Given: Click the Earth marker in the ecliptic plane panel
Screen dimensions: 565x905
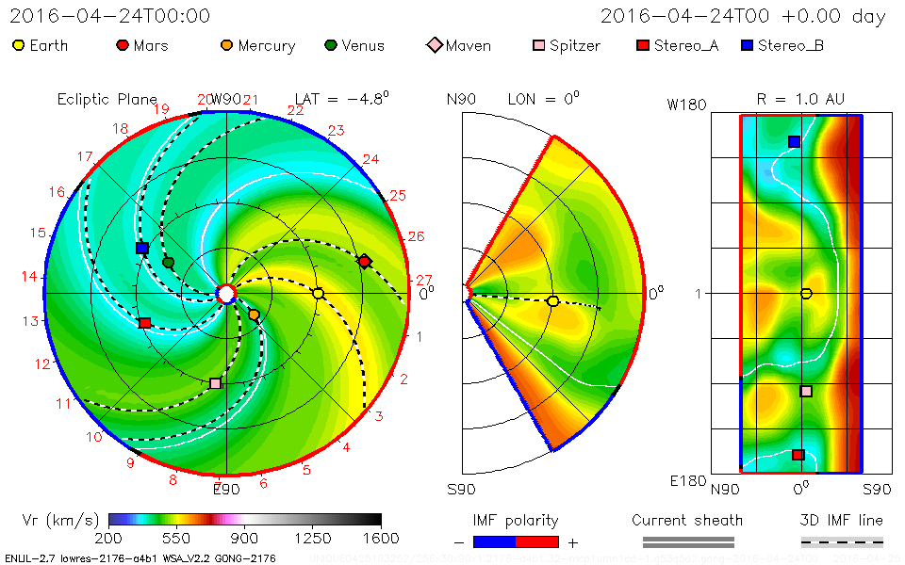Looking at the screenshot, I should [319, 294].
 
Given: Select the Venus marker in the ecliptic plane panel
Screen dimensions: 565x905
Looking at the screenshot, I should [169, 263].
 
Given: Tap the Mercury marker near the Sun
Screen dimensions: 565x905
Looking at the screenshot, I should [254, 315].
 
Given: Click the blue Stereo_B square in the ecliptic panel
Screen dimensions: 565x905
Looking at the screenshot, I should [141, 248].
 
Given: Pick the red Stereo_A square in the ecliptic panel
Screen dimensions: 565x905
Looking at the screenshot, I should [144, 323].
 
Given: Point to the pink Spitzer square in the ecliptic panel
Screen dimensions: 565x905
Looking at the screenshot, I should [215, 383].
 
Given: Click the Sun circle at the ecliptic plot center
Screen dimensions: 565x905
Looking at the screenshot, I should [226, 294].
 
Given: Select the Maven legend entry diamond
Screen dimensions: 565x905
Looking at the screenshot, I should [434, 45].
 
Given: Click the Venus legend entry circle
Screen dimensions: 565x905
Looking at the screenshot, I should [330, 45].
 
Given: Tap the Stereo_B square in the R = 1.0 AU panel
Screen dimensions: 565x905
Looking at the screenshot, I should [794, 141].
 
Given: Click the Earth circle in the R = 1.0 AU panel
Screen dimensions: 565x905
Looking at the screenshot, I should [806, 293].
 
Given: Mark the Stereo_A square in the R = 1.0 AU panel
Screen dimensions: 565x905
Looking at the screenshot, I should [798, 455].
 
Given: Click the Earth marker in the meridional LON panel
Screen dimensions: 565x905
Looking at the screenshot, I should [553, 301].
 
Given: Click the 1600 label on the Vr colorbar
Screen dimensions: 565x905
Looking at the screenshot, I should [381, 538].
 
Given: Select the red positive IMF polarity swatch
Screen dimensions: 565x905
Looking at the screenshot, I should [537, 541].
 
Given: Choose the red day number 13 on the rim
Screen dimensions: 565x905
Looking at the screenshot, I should [31, 320].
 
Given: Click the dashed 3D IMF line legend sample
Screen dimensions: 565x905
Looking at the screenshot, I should [842, 541].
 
